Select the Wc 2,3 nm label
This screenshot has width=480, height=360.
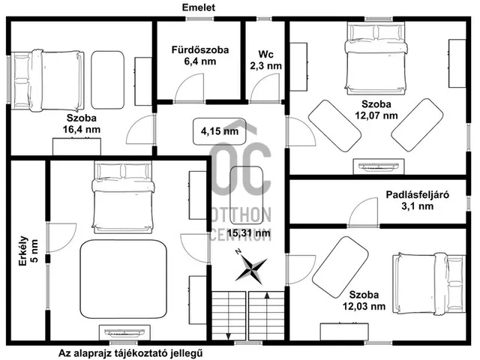(x=265, y=60)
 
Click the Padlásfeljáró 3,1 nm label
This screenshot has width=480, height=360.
(x=417, y=200)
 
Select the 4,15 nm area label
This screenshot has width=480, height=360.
(x=220, y=131)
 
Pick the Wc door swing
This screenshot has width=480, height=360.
(x=265, y=89)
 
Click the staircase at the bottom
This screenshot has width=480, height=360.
(x=247, y=314)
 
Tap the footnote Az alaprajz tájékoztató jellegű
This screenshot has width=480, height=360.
(x=131, y=352)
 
